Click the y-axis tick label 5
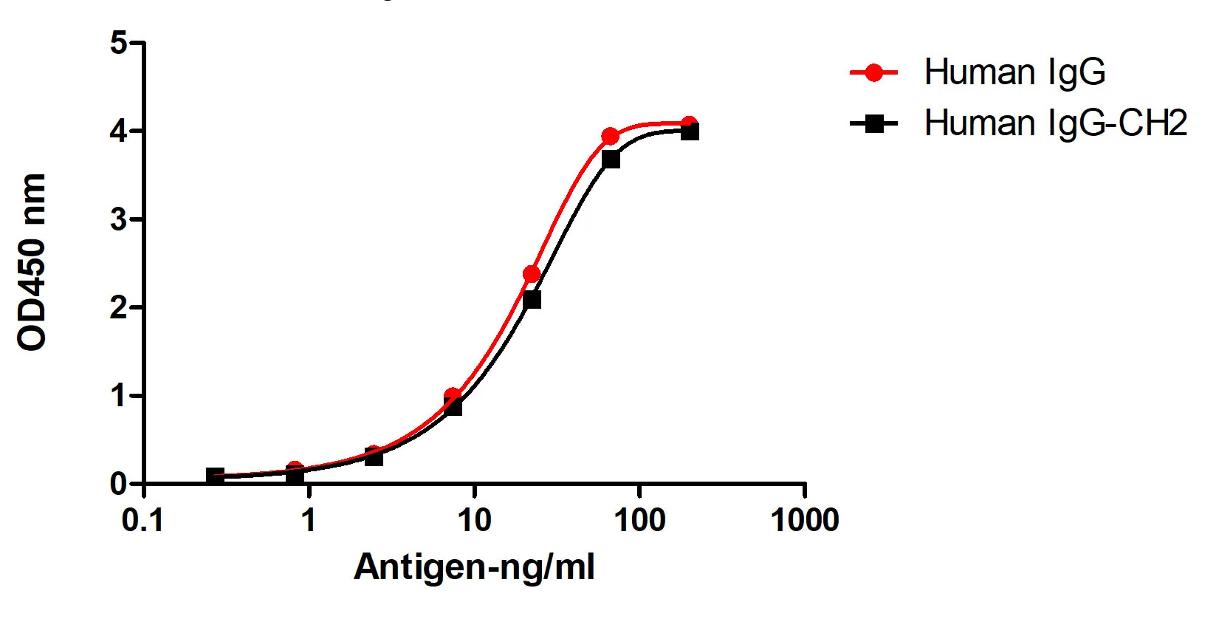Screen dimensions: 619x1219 pyautogui.click(x=119, y=43)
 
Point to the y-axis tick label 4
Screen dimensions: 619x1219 pyautogui.click(x=119, y=131)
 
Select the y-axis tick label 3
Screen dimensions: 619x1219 pyautogui.click(x=119, y=219)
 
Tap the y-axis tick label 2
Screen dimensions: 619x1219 pyautogui.click(x=119, y=307)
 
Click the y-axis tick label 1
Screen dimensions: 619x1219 pyautogui.click(x=119, y=396)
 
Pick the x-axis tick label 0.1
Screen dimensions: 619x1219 pyautogui.click(x=142, y=521)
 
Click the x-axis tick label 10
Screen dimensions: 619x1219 pyautogui.click(x=474, y=521)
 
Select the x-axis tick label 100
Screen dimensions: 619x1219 pyautogui.click(x=639, y=521)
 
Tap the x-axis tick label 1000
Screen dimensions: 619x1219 pyautogui.click(x=805, y=521)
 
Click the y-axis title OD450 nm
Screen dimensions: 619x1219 pyautogui.click(x=32, y=262)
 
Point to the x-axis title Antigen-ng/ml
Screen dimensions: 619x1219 pyautogui.click(x=474, y=567)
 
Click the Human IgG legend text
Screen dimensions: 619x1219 pyautogui.click(x=1014, y=72)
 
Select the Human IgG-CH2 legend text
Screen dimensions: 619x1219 pyautogui.click(x=1056, y=123)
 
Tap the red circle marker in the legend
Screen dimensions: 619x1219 pyautogui.click(x=874, y=72)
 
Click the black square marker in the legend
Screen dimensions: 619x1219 pyautogui.click(x=874, y=123)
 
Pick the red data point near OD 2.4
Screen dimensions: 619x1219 pyautogui.click(x=532, y=274)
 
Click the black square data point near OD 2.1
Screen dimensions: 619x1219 pyautogui.click(x=532, y=299)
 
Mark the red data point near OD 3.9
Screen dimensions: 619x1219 pyautogui.click(x=610, y=137)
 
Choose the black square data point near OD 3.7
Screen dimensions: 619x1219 pyautogui.click(x=611, y=159)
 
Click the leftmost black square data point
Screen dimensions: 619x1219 pyautogui.click(x=215, y=476)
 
